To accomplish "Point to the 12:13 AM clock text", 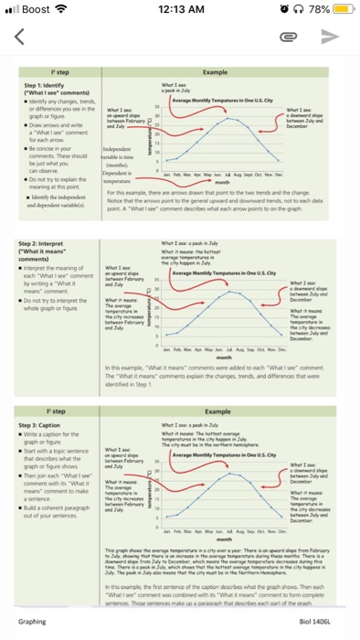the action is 180,11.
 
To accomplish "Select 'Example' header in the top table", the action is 216,69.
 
